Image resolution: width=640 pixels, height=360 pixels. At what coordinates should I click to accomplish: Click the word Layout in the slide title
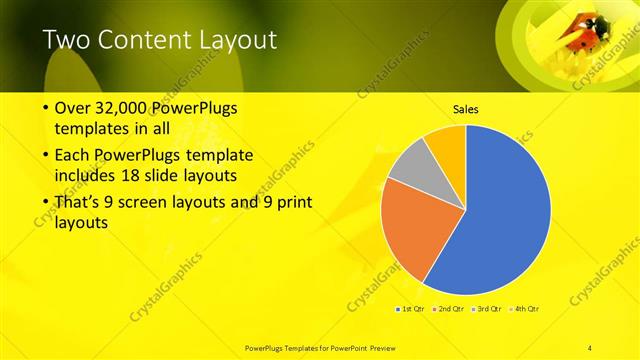click(234, 40)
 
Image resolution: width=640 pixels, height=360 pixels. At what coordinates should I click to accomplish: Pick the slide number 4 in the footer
click(589, 347)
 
